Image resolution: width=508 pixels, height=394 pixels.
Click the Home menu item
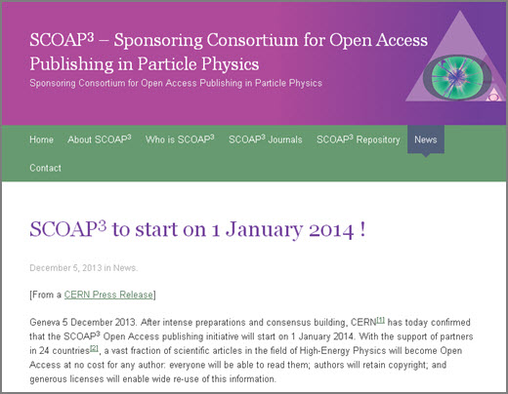41,139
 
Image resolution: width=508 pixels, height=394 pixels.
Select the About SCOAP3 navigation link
100,139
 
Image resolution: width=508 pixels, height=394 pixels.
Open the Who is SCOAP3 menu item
180,139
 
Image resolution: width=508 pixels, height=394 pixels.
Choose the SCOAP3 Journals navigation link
266,139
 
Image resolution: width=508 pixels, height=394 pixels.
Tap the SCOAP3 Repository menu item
359,139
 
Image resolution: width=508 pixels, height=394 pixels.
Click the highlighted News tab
426,139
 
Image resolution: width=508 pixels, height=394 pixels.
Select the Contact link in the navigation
45,168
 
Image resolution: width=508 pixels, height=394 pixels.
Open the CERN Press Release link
108,295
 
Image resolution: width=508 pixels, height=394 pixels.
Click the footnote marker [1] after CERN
381,320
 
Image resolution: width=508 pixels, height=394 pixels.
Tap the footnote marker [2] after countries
94,348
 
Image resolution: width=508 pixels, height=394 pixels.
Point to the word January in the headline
264,229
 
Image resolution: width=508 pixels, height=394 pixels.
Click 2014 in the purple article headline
331,230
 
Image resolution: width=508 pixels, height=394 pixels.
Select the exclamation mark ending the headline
362,229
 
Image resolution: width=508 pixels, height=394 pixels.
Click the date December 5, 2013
65,268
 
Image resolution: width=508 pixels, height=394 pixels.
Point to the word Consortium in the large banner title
252,40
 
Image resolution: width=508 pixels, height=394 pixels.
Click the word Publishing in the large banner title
71,64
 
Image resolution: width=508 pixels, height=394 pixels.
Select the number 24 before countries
44,351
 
